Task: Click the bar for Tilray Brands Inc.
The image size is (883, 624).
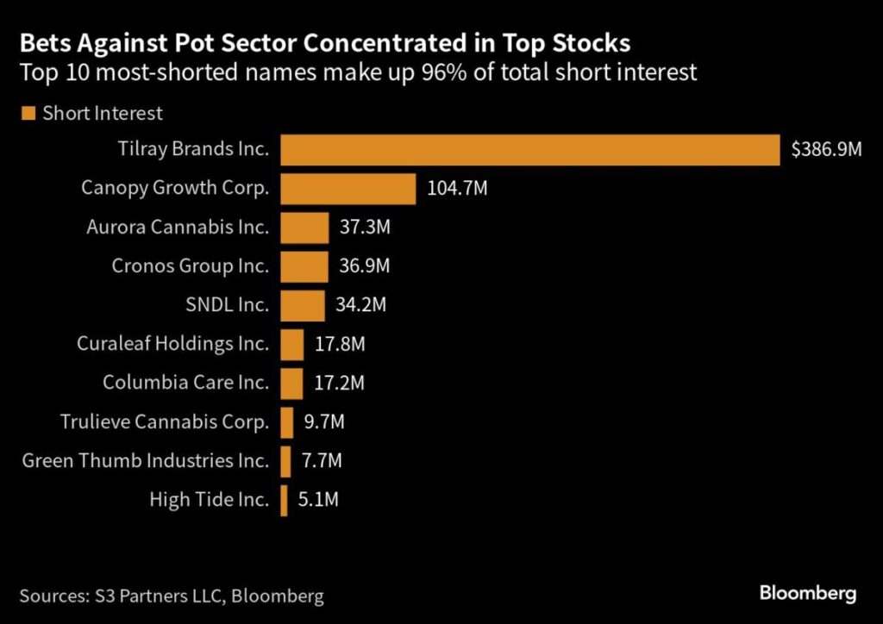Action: [x=529, y=149]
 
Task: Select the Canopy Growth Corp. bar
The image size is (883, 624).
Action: [x=348, y=188]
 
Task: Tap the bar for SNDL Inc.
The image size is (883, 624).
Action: [x=303, y=305]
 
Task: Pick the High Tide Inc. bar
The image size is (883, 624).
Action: [x=284, y=500]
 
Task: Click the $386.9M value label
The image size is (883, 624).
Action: [x=826, y=150]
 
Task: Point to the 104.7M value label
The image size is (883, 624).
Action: [x=457, y=188]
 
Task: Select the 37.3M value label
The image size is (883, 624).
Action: [x=366, y=228]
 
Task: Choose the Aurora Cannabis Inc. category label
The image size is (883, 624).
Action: [x=178, y=228]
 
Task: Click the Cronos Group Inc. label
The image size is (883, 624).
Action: [x=191, y=266]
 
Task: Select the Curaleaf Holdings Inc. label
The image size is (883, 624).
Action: [x=172, y=344]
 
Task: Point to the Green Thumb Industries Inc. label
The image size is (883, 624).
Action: [x=146, y=461]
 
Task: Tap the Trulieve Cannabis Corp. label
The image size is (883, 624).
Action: [x=165, y=422]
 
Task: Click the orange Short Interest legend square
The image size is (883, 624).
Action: [x=28, y=113]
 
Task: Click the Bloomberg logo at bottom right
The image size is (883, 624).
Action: [x=807, y=593]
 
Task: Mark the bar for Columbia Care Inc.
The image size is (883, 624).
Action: [x=291, y=383]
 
